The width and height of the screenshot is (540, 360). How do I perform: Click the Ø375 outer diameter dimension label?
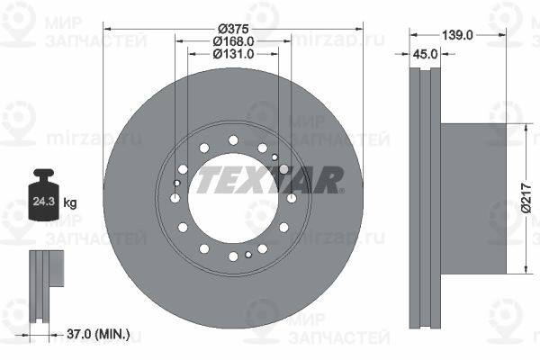[x=233, y=29]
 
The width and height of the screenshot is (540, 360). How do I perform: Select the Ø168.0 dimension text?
[x=233, y=41]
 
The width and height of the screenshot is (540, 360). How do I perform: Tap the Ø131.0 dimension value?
[x=233, y=54]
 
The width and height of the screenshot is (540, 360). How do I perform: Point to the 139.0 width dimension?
[x=457, y=35]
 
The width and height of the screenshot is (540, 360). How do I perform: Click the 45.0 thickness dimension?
[x=425, y=54]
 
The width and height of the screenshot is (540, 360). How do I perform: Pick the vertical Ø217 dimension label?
[x=526, y=198]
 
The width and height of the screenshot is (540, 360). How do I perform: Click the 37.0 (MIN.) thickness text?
[x=98, y=334]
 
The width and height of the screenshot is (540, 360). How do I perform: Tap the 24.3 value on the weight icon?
[x=44, y=202]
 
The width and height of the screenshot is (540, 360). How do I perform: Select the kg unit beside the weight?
[x=70, y=202]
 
